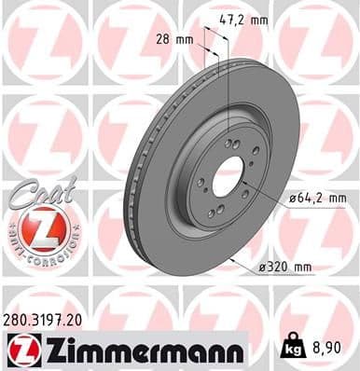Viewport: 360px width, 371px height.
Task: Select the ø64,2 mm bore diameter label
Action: pyautogui.click(x=312, y=198)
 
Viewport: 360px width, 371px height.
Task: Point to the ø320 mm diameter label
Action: pyautogui.click(x=285, y=268)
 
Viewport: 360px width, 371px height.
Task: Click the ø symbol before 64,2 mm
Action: pyautogui.click(x=280, y=198)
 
